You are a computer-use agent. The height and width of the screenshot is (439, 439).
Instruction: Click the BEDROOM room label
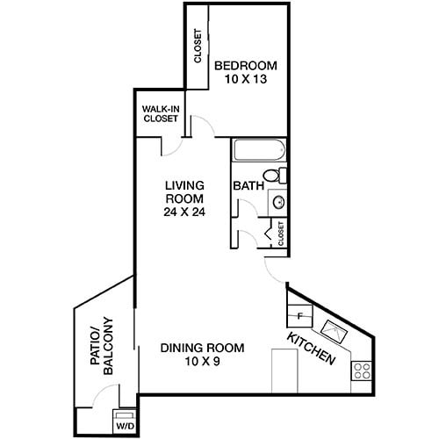(246, 65)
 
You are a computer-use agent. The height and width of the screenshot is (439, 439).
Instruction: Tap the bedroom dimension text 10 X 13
(246, 79)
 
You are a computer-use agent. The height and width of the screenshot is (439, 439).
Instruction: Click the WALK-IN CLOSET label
(160, 114)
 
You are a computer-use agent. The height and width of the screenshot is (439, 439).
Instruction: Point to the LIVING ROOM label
(185, 191)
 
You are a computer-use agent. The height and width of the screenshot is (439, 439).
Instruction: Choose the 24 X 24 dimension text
(185, 212)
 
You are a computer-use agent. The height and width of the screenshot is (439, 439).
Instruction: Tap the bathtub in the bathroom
(258, 150)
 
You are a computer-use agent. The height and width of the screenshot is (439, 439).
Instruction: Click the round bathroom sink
(278, 201)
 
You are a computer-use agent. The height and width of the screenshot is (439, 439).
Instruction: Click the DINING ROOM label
(202, 348)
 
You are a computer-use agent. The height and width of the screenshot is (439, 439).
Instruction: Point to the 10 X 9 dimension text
(202, 362)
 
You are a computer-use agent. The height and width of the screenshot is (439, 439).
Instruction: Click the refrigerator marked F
(300, 314)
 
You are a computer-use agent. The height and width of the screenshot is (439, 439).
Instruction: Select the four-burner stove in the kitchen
(361, 370)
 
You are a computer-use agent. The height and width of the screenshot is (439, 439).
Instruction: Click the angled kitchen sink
(335, 331)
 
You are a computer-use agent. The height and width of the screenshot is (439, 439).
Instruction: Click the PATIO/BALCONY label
(102, 346)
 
